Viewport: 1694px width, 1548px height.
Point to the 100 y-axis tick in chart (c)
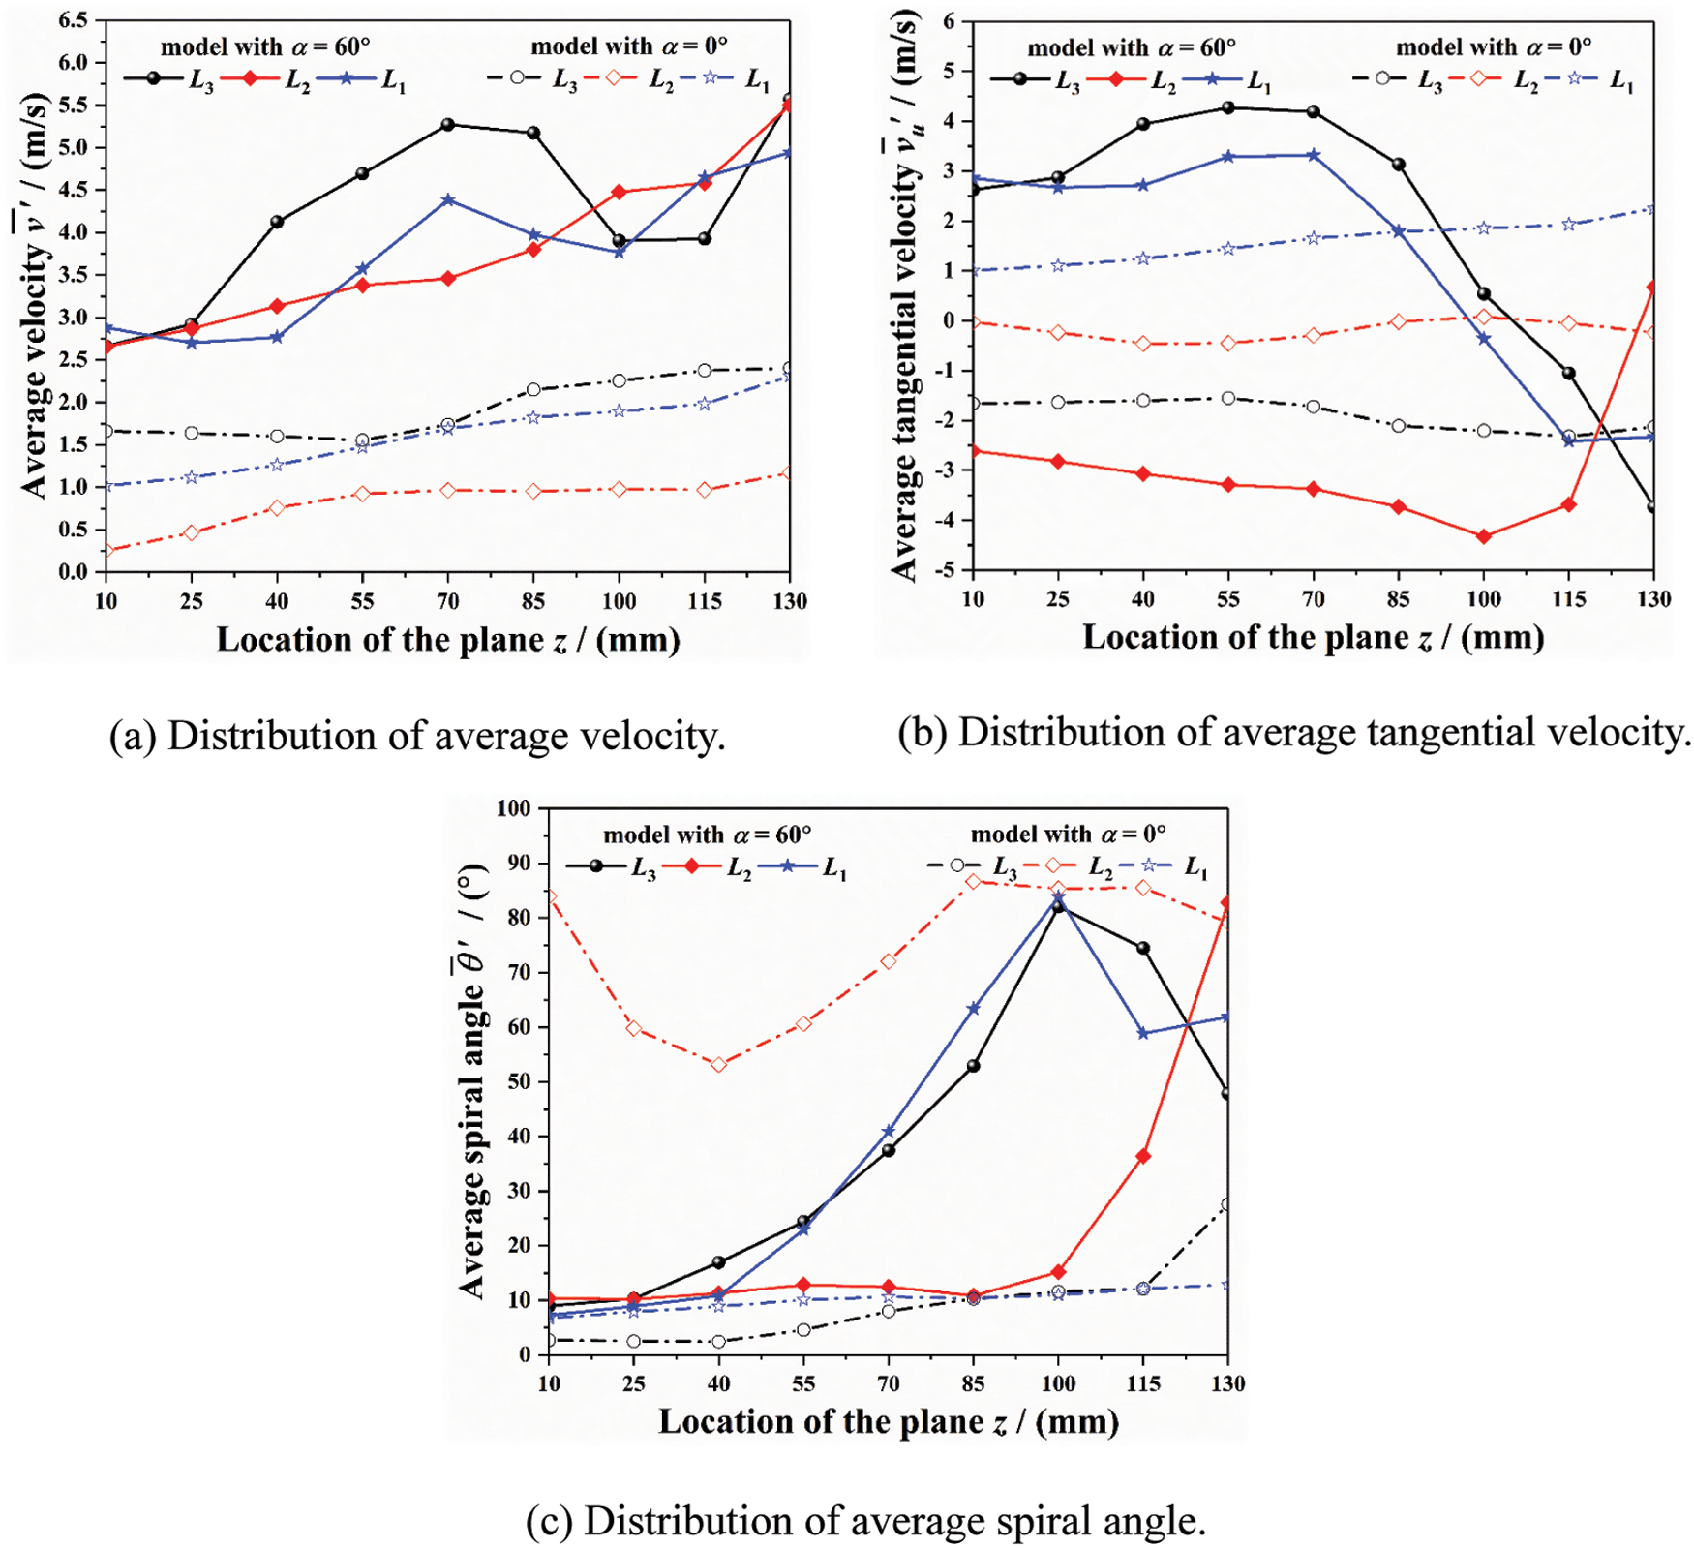pos(513,808)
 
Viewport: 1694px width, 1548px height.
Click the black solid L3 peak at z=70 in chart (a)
pos(448,125)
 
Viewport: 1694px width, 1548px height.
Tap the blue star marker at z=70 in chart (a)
pos(448,200)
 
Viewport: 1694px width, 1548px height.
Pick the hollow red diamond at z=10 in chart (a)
pos(107,551)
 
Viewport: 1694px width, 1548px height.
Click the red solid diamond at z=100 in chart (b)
pos(1484,536)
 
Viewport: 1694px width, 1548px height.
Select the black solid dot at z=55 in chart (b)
pos(1228,107)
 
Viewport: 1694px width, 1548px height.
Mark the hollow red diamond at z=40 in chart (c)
pos(718,1064)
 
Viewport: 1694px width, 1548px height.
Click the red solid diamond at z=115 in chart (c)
pos(1143,1156)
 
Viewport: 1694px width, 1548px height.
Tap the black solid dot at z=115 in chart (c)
pos(1143,949)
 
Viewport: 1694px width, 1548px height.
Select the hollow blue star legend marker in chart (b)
pos(1575,78)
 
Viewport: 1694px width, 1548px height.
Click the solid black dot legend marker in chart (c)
pos(595,865)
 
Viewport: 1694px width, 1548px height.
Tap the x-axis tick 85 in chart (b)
pos(1398,599)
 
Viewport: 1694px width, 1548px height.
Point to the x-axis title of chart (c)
pos(889,1421)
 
